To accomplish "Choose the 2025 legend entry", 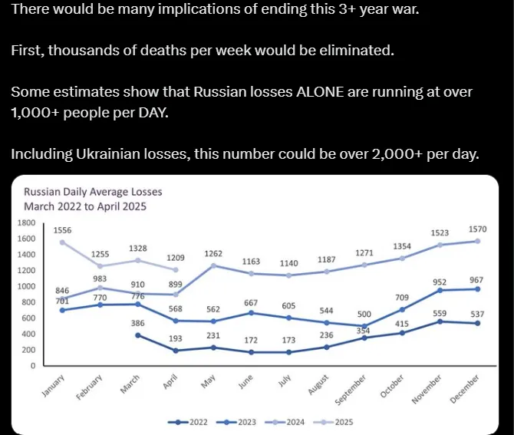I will [x=338, y=422].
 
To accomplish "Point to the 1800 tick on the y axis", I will [x=27, y=222].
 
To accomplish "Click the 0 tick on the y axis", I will [x=33, y=366].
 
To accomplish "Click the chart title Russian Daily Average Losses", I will [x=93, y=192].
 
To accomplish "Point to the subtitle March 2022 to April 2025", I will [x=84, y=206].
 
